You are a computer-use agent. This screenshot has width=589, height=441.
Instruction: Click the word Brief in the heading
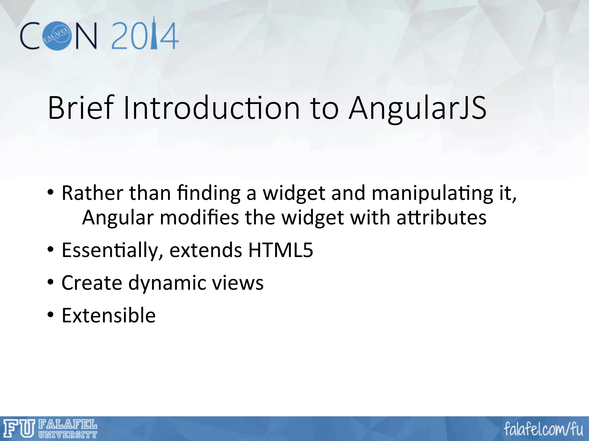(81, 108)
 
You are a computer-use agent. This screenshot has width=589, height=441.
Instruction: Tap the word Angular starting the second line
(118, 217)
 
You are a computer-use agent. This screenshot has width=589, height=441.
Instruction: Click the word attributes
(441, 217)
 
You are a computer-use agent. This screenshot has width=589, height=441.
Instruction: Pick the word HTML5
(280, 250)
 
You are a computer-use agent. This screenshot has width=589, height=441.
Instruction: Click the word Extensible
(108, 316)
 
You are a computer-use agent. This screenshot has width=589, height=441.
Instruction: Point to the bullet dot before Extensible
(51, 315)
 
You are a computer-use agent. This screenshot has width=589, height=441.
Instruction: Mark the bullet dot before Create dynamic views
(51, 283)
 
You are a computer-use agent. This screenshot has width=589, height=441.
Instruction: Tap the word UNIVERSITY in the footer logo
(68, 435)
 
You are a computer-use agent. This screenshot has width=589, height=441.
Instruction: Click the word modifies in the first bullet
(199, 217)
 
